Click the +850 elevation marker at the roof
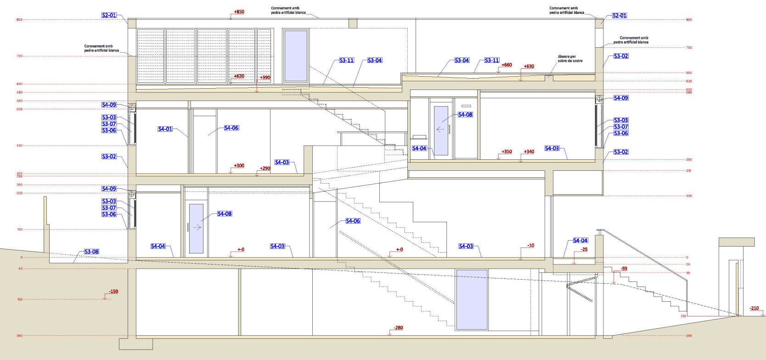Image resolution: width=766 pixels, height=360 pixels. (239, 12)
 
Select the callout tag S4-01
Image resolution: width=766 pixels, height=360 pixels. (165, 129)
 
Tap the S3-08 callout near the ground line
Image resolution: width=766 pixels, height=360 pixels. (91, 252)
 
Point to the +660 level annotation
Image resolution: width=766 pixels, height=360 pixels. (507, 65)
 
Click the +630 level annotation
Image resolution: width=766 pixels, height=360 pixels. (529, 67)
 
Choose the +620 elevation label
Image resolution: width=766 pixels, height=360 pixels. (239, 76)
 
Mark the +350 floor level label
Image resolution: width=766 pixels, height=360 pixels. (507, 152)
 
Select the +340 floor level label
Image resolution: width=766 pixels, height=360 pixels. (529, 152)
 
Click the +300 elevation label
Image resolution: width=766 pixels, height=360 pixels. (239, 166)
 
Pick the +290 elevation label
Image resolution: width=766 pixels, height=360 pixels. (265, 169)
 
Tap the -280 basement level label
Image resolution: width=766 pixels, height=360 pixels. (398, 328)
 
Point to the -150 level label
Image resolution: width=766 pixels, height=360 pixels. (113, 292)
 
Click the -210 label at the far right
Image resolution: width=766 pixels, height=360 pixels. (754, 308)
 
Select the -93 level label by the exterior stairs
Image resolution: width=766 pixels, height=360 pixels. (624, 269)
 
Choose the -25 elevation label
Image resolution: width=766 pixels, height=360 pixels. (584, 250)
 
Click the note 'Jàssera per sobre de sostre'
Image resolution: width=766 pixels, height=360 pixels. (570, 59)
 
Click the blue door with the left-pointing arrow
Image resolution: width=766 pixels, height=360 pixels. (441, 131)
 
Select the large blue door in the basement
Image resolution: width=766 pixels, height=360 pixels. (472, 299)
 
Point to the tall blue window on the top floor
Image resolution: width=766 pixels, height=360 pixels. (296, 56)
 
